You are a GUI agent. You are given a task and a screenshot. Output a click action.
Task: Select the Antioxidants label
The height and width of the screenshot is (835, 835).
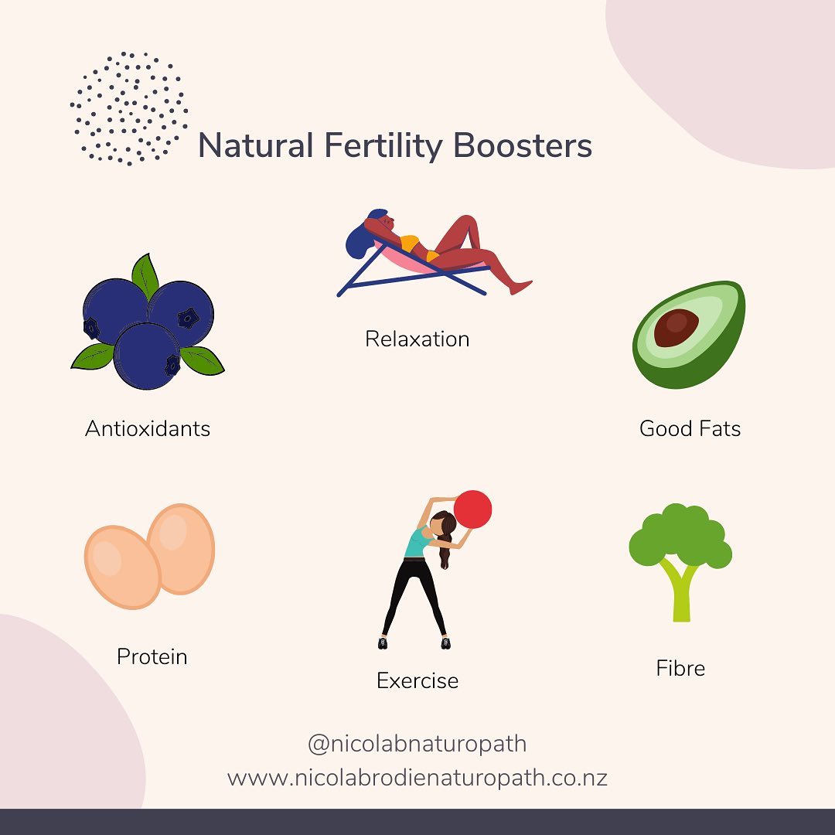coord(147,428)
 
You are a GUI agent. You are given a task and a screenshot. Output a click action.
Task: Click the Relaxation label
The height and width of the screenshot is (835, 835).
coord(417,339)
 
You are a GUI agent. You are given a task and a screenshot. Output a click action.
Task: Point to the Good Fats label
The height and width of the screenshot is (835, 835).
coord(690,428)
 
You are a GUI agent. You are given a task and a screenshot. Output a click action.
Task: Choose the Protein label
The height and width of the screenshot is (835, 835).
coord(152,656)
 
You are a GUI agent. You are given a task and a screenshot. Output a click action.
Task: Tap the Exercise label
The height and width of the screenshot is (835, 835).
coord(417,680)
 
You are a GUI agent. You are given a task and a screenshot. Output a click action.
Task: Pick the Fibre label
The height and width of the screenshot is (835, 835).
coord(680,668)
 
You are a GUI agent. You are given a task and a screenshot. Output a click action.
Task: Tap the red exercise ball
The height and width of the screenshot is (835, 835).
coord(472,510)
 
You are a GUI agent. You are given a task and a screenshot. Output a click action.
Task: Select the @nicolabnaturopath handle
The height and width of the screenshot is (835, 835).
coord(417,744)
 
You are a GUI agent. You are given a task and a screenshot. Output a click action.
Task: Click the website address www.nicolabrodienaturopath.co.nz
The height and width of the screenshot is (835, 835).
coord(417,777)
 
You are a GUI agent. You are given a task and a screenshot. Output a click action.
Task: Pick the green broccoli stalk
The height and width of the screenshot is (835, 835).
coord(680,595)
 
